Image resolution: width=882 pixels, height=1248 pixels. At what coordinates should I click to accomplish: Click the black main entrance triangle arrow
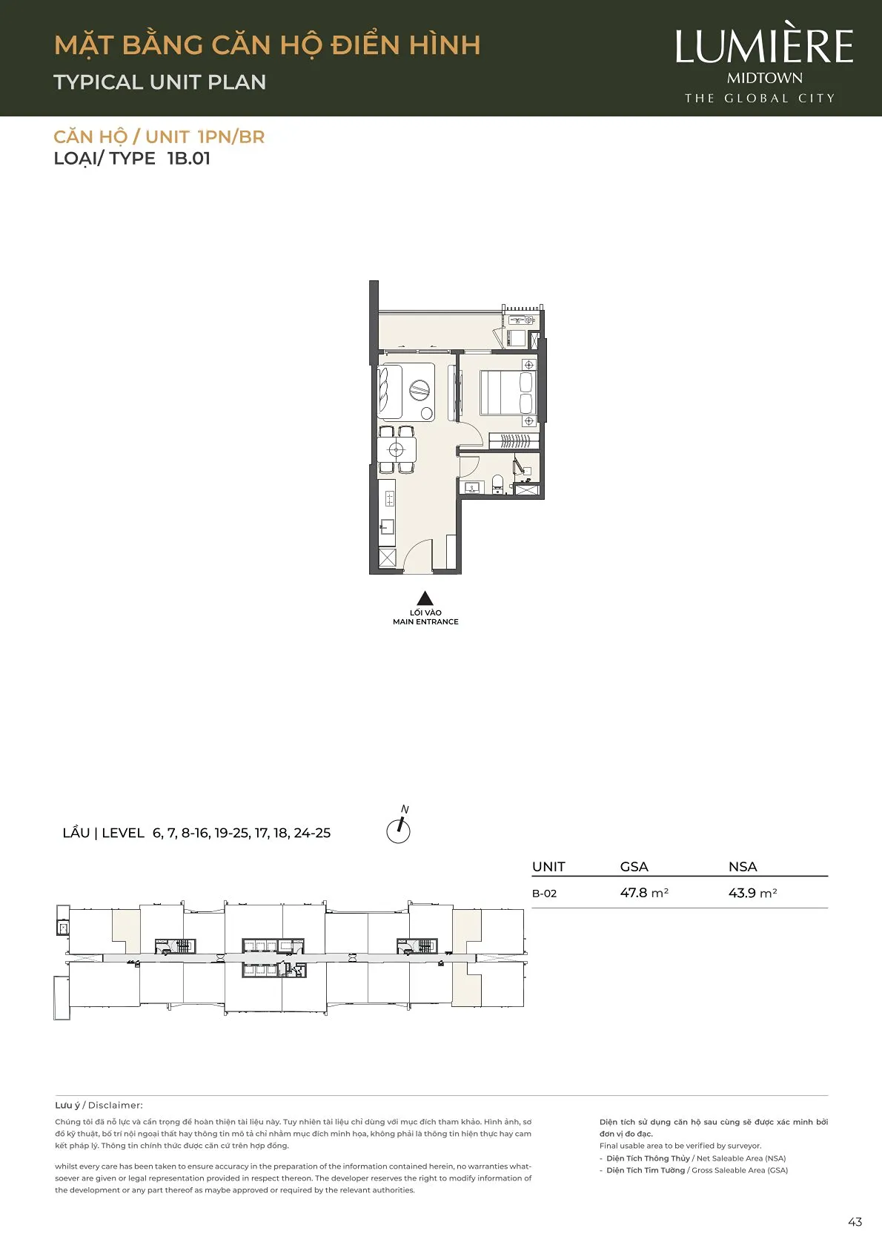click(425, 598)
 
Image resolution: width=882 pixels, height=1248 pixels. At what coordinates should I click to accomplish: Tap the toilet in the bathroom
click(498, 483)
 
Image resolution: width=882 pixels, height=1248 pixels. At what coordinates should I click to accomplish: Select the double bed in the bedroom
click(506, 393)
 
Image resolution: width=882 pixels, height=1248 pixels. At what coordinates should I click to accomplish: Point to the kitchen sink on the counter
click(387, 527)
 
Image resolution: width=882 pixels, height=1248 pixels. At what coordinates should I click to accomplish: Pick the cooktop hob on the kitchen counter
click(389, 498)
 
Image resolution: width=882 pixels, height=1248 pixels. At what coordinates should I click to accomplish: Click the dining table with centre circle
click(397, 449)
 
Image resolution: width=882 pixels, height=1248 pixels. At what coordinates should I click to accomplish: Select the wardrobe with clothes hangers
click(514, 440)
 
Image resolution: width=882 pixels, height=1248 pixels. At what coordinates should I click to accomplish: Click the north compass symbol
click(399, 827)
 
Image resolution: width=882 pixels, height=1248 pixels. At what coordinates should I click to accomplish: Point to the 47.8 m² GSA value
click(644, 893)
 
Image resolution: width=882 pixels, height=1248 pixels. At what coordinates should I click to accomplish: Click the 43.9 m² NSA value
click(753, 893)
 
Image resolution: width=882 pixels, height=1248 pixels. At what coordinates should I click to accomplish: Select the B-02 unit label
click(545, 893)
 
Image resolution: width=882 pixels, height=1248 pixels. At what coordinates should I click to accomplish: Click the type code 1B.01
click(189, 158)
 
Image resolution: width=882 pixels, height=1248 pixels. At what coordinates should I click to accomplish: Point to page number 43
click(855, 1222)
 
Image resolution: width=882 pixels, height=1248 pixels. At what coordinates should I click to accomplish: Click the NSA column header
click(743, 866)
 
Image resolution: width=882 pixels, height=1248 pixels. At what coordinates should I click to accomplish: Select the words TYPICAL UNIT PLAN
click(160, 82)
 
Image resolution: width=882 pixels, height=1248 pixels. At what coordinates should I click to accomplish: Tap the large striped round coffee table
click(420, 390)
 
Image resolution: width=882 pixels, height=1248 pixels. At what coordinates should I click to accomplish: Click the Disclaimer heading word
click(116, 1105)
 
